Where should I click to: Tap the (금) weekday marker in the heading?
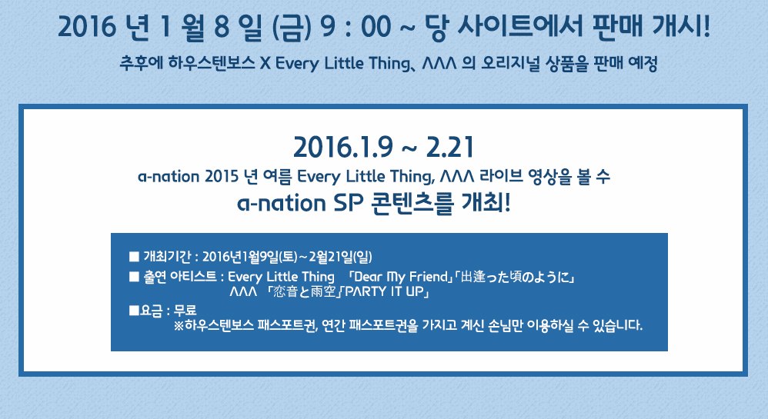point(291,27)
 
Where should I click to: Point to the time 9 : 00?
point(356,27)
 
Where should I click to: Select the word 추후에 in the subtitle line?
point(141,63)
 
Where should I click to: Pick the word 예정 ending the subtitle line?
point(643,63)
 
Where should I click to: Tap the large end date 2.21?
point(450,147)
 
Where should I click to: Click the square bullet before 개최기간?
point(134,257)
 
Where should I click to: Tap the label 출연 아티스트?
point(180,277)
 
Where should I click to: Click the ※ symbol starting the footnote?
point(179,325)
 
